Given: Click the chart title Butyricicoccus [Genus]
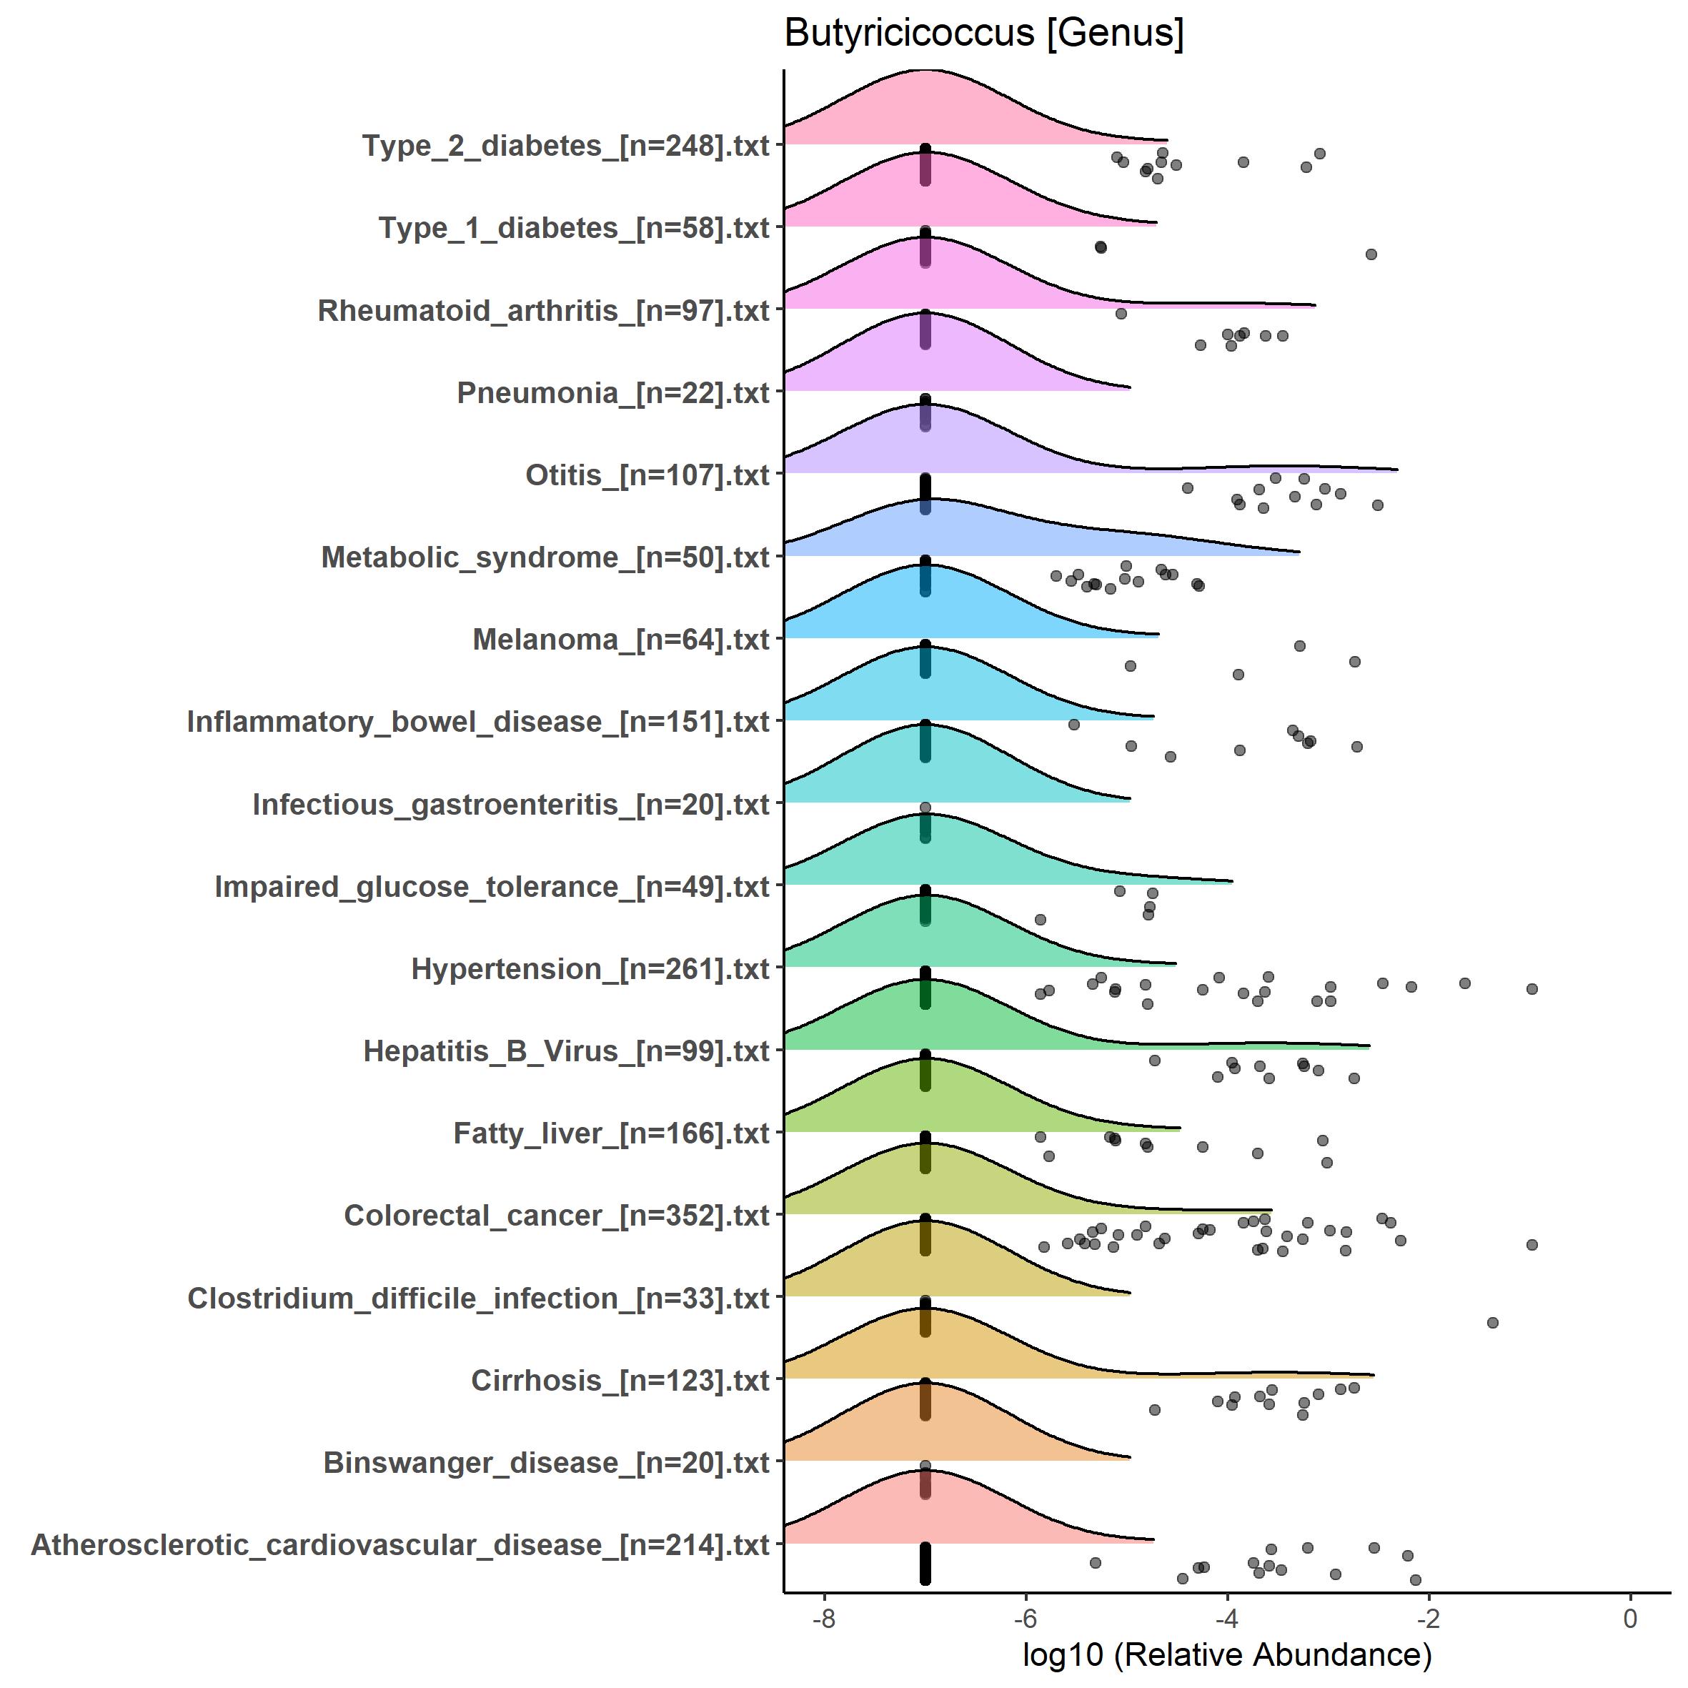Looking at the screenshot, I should coord(984,33).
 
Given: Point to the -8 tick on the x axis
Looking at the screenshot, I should coord(823,1618).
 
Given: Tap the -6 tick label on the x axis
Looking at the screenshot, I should coord(1025,1618).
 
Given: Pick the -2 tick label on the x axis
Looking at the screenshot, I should coord(1428,1618).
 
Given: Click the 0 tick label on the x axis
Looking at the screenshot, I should coord(1629,1618).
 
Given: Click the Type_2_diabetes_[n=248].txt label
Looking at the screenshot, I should coord(566,146).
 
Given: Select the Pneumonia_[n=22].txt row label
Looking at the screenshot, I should coord(613,393).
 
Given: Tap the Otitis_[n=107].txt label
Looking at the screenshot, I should coord(647,475).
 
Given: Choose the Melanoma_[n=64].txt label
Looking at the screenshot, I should coord(621,640).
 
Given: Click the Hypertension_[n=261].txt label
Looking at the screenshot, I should coord(590,969).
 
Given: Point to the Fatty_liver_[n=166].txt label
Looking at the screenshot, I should coord(612,1133).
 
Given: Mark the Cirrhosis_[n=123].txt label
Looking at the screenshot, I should coord(620,1381).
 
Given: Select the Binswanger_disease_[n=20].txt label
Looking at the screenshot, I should coord(547,1463).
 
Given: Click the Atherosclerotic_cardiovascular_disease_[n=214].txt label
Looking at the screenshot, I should coord(401,1544).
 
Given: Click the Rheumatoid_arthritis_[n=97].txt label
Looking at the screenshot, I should coord(543,311).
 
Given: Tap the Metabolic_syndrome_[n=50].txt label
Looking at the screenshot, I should coord(545,557).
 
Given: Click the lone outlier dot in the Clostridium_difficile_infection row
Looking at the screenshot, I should coord(1492,1323).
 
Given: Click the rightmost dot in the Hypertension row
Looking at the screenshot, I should coord(1531,989).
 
